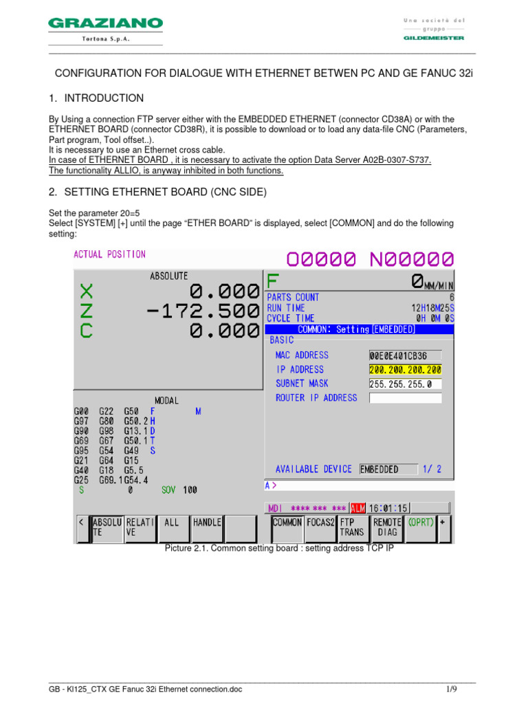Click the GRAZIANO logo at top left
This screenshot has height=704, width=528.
point(105,25)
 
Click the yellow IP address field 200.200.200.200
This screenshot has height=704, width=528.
point(405,370)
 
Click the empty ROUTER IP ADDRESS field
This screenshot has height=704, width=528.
point(405,398)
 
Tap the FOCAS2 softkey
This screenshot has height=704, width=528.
point(320,527)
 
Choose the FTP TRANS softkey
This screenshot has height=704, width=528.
point(353,527)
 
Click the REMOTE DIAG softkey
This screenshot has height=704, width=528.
point(387,527)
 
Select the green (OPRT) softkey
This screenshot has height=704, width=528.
point(421,522)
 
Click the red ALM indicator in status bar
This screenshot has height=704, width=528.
point(358,508)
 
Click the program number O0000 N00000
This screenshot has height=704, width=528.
point(370,259)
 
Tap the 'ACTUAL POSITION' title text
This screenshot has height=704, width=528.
point(110,254)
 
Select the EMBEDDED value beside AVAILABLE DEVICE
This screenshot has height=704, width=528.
point(388,470)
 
